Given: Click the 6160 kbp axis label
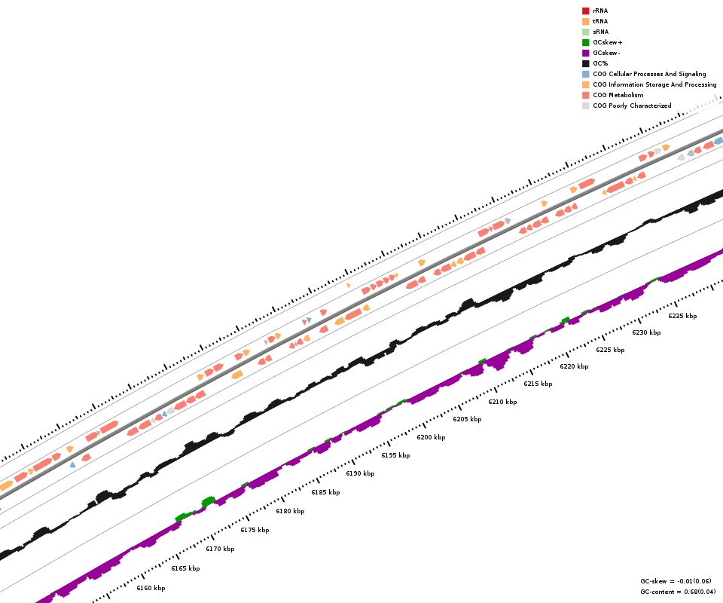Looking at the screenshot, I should pyautogui.click(x=151, y=588).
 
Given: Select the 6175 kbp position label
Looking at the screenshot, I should pyautogui.click(x=255, y=530).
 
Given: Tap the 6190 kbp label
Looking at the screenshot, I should pyautogui.click(x=360, y=473).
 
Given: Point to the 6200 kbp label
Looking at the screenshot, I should pyautogui.click(x=431, y=437).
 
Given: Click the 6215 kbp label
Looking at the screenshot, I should pyautogui.click(x=538, y=384).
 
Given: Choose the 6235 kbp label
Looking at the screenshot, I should pyautogui.click(x=682, y=316).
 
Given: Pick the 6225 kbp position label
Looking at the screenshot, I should pyautogui.click(x=610, y=350).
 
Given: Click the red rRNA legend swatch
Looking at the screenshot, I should pyautogui.click(x=585, y=11).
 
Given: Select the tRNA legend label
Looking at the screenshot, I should pyautogui.click(x=600, y=21).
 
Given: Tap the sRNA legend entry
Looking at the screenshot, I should pyautogui.click(x=600, y=32).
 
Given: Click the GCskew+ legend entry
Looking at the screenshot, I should pyautogui.click(x=607, y=42).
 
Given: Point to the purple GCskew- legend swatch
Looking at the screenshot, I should pyautogui.click(x=585, y=53).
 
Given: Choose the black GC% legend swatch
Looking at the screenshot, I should pyautogui.click(x=585, y=63).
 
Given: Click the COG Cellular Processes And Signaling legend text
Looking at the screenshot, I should pyautogui.click(x=649, y=74).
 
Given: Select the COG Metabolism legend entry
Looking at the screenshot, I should pyautogui.click(x=618, y=95).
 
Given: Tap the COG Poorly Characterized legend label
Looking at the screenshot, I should pyautogui.click(x=631, y=106).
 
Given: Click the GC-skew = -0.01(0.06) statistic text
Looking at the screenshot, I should pyautogui.click(x=676, y=581).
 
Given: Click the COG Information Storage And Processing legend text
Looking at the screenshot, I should pyautogui.click(x=654, y=84).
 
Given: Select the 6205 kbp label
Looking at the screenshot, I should pyautogui.click(x=467, y=419).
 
